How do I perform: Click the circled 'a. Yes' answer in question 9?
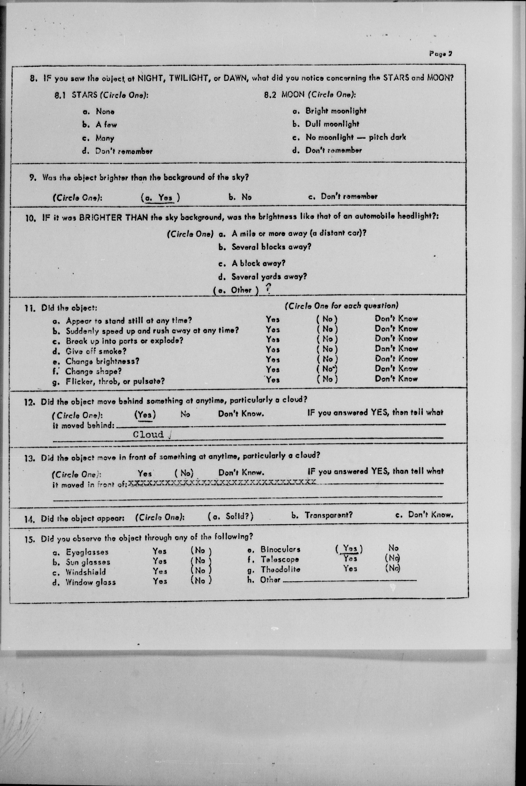160,198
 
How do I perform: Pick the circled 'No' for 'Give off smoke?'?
327,349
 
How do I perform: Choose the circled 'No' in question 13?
184,473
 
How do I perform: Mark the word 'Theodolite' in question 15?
280,569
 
